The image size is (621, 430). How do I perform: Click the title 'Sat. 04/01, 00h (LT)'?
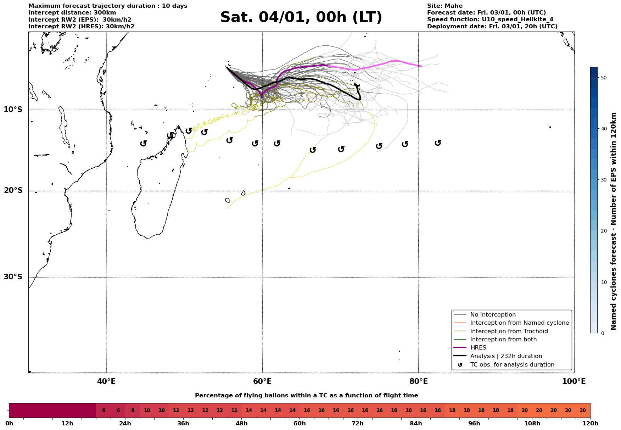pos(301,17)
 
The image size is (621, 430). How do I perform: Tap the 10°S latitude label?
pos(13,110)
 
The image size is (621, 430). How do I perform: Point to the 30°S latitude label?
pos(13,277)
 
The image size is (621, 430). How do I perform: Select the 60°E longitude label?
pos(262,381)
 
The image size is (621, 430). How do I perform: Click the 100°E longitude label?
pos(574,381)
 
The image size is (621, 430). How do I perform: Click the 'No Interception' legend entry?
pos(493,315)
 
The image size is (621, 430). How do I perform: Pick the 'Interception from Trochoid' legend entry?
pos(509,331)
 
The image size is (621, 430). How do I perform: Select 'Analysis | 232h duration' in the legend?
pos(506,356)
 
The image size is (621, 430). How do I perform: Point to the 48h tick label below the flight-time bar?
pos(241,424)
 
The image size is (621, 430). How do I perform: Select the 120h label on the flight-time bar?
pos(590,424)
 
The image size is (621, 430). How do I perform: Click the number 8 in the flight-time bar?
pos(133,411)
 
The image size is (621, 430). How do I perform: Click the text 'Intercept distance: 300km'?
pos(72,13)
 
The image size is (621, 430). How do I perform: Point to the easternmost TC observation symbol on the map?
pos(438,143)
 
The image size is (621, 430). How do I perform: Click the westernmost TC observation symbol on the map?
pos(143,143)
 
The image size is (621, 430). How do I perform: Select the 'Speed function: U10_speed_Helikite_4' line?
pos(490,19)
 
